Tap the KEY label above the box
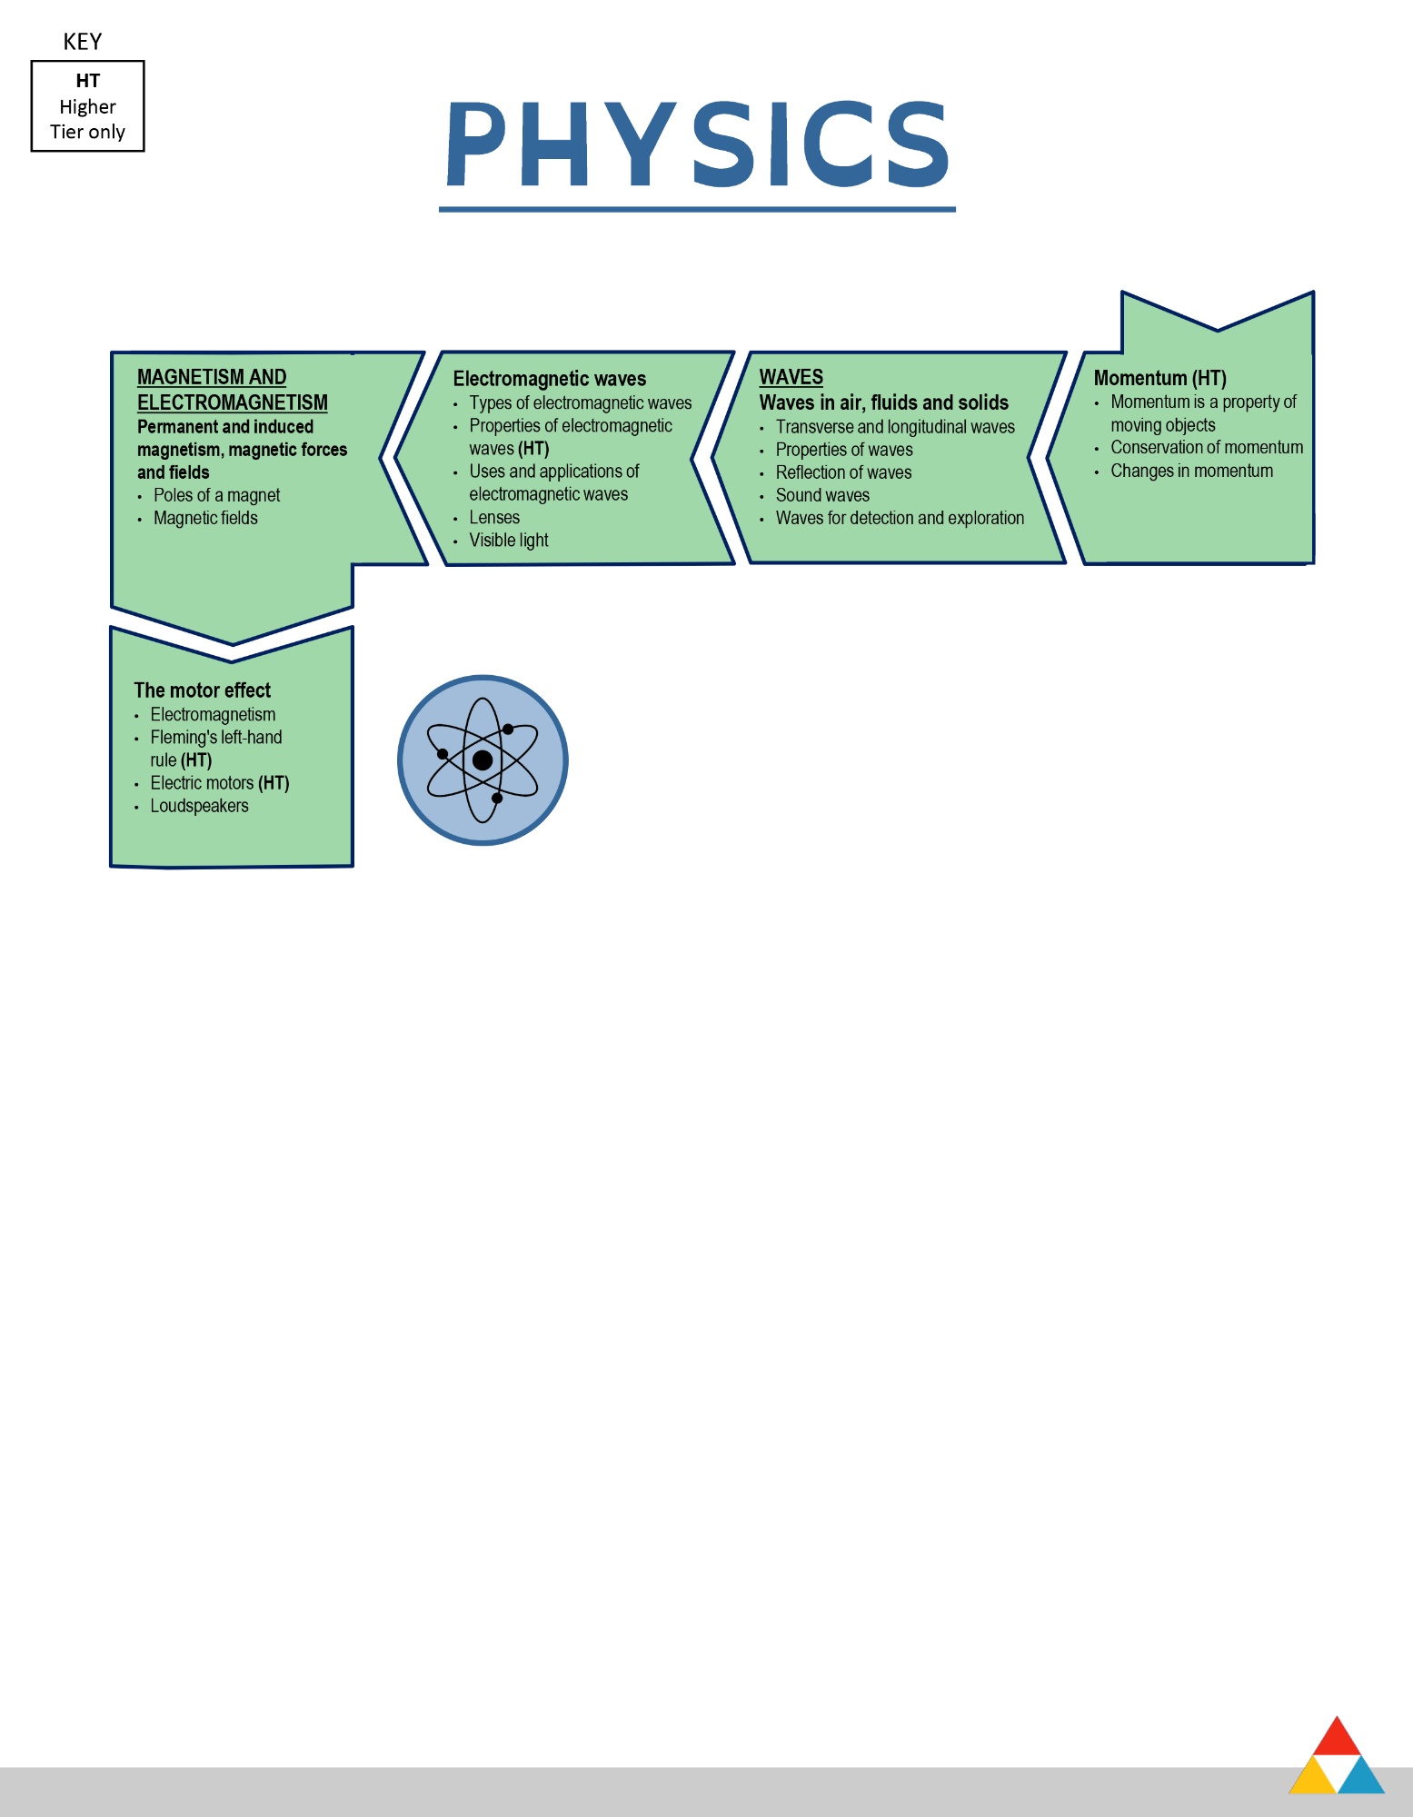[83, 42]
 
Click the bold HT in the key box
[88, 81]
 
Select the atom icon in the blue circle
[483, 760]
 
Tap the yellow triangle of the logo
[1312, 1776]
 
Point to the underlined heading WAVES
[791, 377]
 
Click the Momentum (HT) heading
[1160, 378]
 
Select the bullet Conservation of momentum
[1207, 448]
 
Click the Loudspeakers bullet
[199, 806]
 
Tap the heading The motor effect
[203, 690]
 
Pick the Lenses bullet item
[494, 518]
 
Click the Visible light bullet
[509, 541]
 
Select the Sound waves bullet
[822, 495]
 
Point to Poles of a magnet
[216, 495]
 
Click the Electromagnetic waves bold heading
[550, 379]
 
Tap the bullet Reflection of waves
[843, 472]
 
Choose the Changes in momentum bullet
[1191, 471]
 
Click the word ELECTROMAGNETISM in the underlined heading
[233, 402]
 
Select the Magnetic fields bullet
[205, 518]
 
